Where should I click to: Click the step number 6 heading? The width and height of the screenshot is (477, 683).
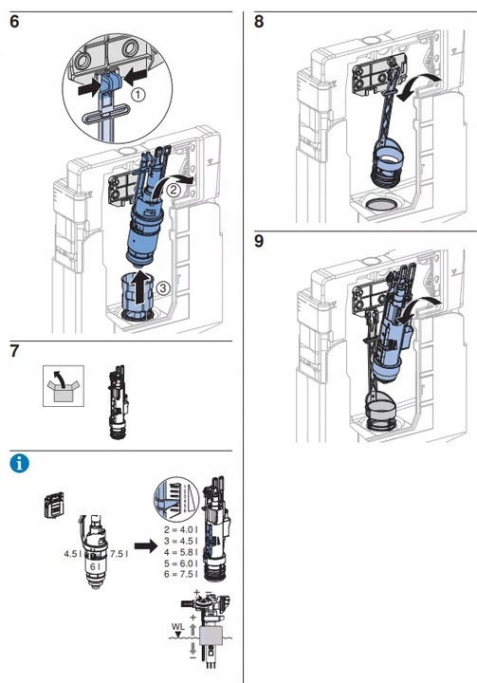point(14,21)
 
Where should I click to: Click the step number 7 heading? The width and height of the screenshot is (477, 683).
point(14,351)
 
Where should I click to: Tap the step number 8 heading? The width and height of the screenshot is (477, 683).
point(259,21)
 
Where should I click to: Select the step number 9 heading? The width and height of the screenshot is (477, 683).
point(259,241)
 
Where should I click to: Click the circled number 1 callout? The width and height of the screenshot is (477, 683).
point(138,95)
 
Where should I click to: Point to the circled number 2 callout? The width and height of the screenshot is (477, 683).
point(173,190)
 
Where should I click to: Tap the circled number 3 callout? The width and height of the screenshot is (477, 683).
point(162,288)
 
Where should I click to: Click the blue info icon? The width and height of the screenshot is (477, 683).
point(20,464)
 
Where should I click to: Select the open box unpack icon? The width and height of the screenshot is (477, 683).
point(64,386)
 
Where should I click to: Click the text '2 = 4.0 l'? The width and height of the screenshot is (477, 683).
point(181,529)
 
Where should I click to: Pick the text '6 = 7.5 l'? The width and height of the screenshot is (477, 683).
point(181,574)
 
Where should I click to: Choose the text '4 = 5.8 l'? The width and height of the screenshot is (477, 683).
point(181,552)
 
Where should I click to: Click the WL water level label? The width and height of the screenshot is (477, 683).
point(177,627)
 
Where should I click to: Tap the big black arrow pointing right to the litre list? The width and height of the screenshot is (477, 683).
point(145,546)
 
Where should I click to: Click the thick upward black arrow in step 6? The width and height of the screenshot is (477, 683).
point(139,288)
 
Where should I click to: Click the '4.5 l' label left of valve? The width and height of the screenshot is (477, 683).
point(73,554)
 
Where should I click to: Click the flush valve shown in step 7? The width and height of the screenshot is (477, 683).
point(118,402)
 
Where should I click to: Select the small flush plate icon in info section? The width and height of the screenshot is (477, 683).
point(54,505)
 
